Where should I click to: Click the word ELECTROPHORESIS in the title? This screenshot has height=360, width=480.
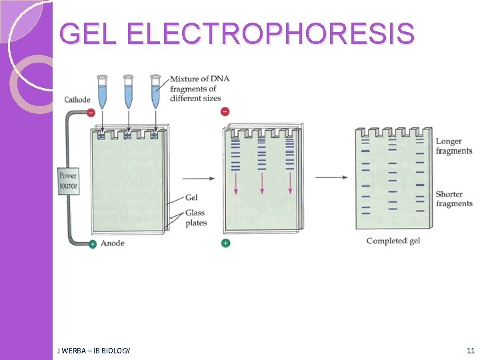click(x=269, y=34)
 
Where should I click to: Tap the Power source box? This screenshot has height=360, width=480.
click(x=68, y=181)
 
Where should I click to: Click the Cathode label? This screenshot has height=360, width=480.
click(x=77, y=100)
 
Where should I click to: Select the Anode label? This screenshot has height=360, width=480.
click(x=113, y=243)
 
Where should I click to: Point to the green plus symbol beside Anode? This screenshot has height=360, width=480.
click(x=92, y=244)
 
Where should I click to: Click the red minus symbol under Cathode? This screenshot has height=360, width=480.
click(x=91, y=112)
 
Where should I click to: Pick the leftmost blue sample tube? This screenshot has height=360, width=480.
click(x=102, y=91)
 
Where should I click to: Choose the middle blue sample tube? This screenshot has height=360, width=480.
click(x=129, y=91)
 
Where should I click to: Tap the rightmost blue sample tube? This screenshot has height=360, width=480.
click(x=155, y=91)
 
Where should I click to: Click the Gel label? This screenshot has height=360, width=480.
click(x=191, y=197)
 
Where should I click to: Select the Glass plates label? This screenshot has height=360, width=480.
click(x=196, y=218)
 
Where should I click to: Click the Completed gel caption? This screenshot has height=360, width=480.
click(x=393, y=241)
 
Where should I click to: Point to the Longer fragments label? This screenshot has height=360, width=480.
click(x=454, y=146)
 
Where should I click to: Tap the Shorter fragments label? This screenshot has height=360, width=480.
click(x=454, y=199)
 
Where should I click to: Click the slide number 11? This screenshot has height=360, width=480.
click(x=471, y=350)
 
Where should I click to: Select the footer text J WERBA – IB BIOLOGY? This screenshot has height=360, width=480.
click(x=94, y=350)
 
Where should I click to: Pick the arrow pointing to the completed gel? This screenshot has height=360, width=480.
click(x=331, y=177)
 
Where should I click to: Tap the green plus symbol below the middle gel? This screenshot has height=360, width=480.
click(x=225, y=243)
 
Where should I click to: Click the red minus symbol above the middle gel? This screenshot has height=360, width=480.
click(x=225, y=111)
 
